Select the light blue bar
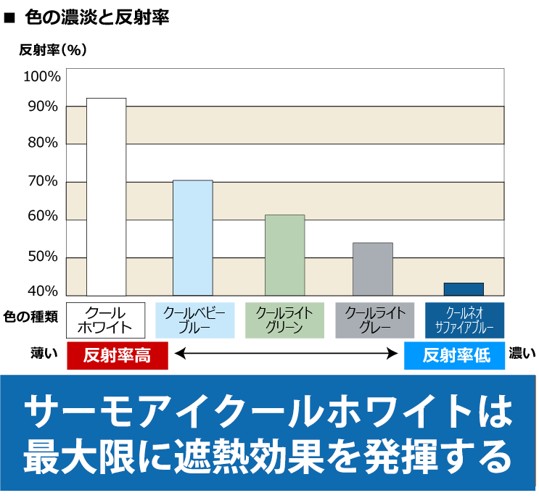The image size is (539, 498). pos(192,237)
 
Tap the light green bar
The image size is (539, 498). pos(284,254)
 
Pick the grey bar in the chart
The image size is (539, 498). pos(372,268)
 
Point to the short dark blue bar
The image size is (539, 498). pos(463,289)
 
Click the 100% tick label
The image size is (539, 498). pos(41,77)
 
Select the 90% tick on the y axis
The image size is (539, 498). pos(43,107)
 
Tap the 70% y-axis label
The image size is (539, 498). pos(43,181)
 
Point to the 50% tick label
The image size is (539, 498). pos(43,256)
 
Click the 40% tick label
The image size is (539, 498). pos(43,291)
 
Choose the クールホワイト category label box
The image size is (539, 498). pos(106,320)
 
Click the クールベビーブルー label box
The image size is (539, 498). pos(194,320)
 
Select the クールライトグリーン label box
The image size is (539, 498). pos(284,320)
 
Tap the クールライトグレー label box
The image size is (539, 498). pos(374,320)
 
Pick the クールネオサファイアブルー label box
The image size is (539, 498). pos(464,320)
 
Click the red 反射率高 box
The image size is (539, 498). pos(118,355)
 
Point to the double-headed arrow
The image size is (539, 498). pos(286,354)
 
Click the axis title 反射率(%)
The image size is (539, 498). pos(53,50)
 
